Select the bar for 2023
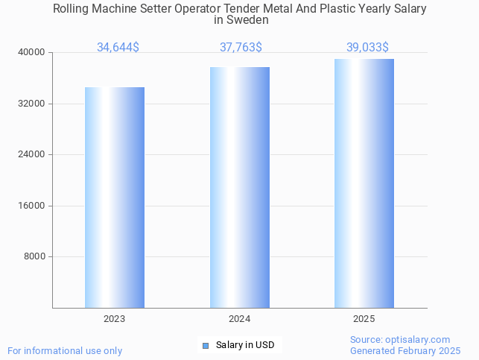[x=115, y=198]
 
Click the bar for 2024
[x=240, y=187]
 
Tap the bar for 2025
[x=364, y=183]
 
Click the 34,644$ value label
[x=118, y=48]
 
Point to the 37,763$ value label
[x=241, y=48]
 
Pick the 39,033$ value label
[x=367, y=48]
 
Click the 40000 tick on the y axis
[x=32, y=53]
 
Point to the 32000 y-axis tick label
[x=32, y=104]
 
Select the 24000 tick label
[x=32, y=155]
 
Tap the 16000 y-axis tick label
[x=32, y=206]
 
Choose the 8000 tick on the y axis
[x=34, y=257]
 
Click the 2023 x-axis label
[x=115, y=319]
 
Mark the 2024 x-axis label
[x=240, y=319]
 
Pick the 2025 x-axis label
[x=364, y=319]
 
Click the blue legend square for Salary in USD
[x=206, y=345]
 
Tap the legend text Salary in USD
[x=245, y=345]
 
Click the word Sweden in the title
[x=251, y=20]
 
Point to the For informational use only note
[x=65, y=350]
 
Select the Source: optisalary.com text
[x=400, y=340]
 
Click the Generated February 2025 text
[x=405, y=350]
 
